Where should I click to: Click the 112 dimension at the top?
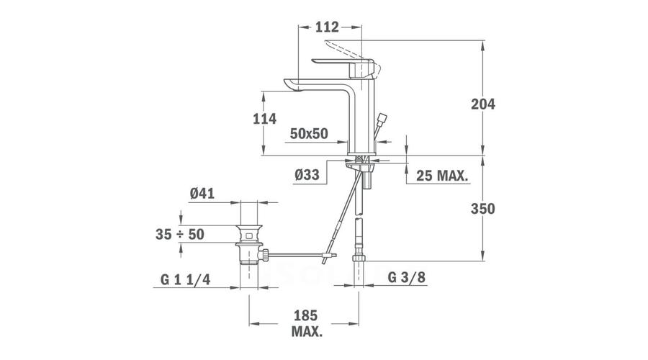[x=327, y=27]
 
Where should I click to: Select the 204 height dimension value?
[x=482, y=104]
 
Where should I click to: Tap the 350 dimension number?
[x=482, y=209]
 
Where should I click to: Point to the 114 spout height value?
[x=264, y=119]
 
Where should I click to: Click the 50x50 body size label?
[x=309, y=134]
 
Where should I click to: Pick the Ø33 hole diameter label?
[x=307, y=175]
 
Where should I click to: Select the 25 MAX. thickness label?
[x=442, y=176]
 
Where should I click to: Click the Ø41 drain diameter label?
[x=202, y=194]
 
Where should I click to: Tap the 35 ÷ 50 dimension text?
[x=180, y=234]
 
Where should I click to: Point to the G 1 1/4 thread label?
[x=185, y=280]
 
